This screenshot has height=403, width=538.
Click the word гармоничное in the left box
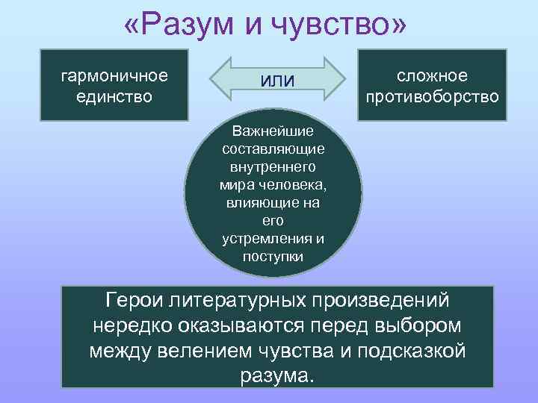[114, 76]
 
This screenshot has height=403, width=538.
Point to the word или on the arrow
[277, 80]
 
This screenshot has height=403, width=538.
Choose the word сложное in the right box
[433, 76]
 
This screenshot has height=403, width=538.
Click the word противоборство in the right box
[433, 97]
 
